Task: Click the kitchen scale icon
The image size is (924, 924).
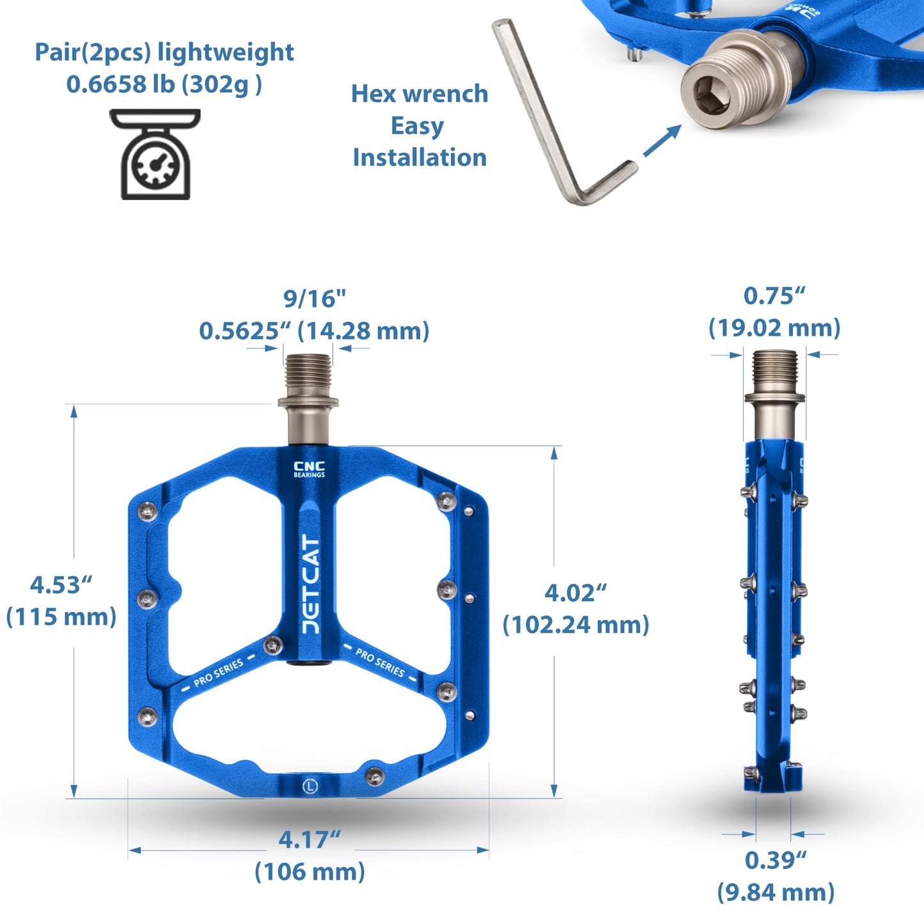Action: coord(155,155)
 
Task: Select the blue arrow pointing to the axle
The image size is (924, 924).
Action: coord(661,141)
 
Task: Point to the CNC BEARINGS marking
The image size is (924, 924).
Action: coord(309,469)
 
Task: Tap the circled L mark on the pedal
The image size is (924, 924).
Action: coord(310,785)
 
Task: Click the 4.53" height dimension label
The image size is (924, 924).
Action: coord(61,584)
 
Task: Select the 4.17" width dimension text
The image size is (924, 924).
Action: coord(309,839)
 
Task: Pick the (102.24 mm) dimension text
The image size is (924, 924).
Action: coord(576,624)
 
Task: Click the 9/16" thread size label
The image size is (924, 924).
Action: coord(314,298)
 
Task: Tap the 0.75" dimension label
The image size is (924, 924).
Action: coord(774,296)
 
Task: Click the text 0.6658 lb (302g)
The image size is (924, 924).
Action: coord(164,84)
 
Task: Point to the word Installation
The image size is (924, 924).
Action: coord(419,157)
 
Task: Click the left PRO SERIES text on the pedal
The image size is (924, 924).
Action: coord(219,673)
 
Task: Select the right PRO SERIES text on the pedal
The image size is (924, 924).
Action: coord(380,662)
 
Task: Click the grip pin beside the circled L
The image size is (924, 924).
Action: coord(375,776)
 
